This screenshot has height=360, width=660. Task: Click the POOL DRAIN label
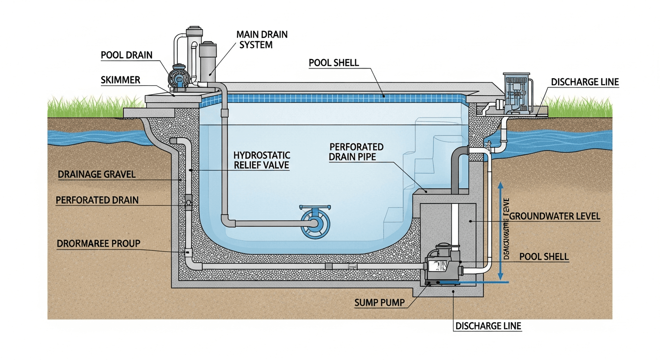[x=127, y=55]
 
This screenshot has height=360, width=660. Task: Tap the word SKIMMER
[x=120, y=80]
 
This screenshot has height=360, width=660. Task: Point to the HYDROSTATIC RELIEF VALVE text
[x=261, y=160]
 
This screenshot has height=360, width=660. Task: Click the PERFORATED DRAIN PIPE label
[x=356, y=152]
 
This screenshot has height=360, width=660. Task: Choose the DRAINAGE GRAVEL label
[x=97, y=174]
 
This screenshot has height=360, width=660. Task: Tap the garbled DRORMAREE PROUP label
[x=98, y=243]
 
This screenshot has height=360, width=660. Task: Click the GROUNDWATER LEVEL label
[x=554, y=216]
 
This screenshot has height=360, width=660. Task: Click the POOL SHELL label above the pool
[x=334, y=63]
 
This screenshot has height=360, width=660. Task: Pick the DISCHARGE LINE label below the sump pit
[x=488, y=326]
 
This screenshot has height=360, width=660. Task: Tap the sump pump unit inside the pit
[x=442, y=265]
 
